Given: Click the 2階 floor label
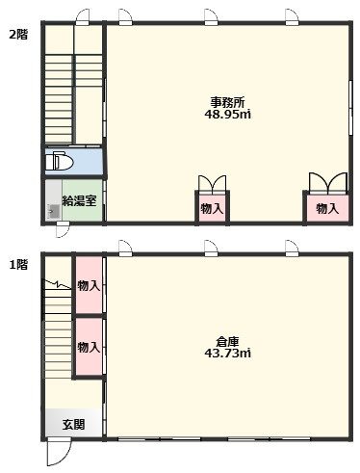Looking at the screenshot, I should [16, 35].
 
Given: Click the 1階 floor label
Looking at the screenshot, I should [16, 264].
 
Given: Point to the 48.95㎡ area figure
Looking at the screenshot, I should [227, 115].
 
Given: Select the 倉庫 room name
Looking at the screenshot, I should [227, 340].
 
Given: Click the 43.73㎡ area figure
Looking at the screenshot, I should [227, 354].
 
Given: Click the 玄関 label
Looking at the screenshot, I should [73, 424].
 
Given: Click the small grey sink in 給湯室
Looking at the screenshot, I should [53, 208].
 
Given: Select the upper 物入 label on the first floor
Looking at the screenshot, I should [89, 286].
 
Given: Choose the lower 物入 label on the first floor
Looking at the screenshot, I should [89, 346].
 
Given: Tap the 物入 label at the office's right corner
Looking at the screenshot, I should [327, 208].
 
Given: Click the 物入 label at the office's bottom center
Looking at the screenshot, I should [212, 208].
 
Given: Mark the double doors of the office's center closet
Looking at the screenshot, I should [212, 184].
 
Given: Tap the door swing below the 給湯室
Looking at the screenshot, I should [63, 227].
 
